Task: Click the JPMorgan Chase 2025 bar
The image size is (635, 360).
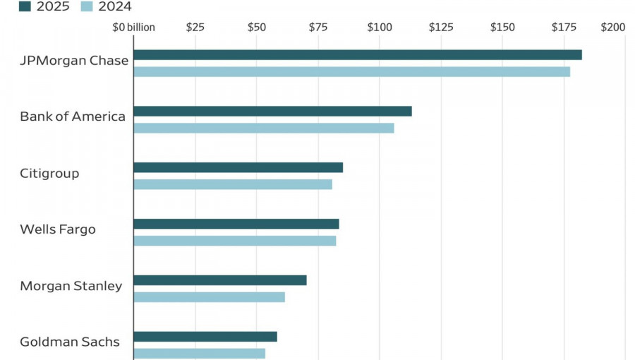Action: [357, 55]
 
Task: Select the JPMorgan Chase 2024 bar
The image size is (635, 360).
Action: [351, 71]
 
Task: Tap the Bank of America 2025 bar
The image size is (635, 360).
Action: [272, 112]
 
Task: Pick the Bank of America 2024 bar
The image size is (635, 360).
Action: [263, 128]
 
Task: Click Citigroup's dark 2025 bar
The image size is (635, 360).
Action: [238, 167]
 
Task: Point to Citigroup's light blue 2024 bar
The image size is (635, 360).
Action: [232, 184]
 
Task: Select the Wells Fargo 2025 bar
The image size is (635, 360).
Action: [236, 224]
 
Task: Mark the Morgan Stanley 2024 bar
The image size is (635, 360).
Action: [209, 297]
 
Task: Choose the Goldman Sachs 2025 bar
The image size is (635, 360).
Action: [205, 337]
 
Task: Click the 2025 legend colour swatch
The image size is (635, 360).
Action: [25, 6]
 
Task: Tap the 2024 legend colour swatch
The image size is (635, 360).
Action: [87, 6]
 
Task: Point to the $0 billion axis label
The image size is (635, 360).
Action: [134, 28]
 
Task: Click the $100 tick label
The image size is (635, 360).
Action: [380, 28]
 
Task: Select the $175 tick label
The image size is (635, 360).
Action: [564, 28]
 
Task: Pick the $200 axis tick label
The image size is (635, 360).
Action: [612, 28]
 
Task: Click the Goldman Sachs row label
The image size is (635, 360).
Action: [70, 342]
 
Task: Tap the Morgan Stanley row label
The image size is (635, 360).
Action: [71, 286]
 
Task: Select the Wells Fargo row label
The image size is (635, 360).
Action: [58, 229]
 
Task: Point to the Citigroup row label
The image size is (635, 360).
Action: [49, 173]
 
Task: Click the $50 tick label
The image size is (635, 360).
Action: [257, 28]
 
